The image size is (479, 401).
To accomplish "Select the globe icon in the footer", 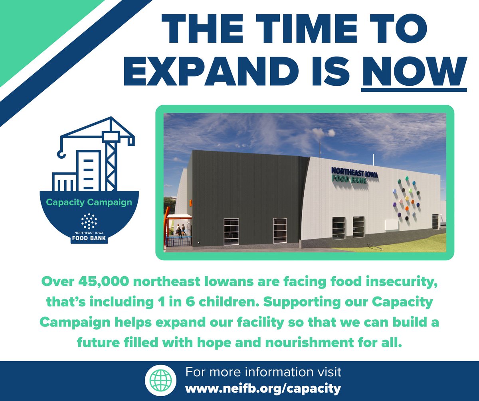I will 157,381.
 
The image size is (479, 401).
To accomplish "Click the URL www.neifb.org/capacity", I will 263,387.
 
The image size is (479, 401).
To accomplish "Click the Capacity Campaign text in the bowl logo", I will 89,202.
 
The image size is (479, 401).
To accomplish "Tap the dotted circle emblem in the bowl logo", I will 89,221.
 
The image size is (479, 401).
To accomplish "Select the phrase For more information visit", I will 263,373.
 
